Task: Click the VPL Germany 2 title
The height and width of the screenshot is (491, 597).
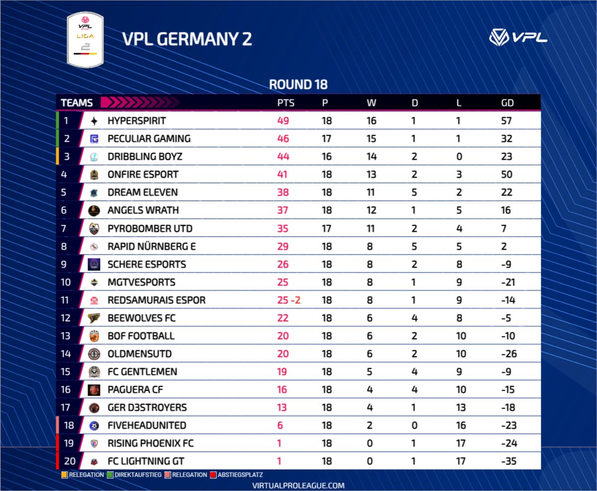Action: coord(188,39)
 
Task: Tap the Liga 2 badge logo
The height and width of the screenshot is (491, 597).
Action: coord(85,39)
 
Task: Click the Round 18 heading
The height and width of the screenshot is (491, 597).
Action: coord(298,84)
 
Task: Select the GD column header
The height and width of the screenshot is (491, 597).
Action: coord(507,103)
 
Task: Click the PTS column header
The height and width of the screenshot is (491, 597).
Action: coord(286,103)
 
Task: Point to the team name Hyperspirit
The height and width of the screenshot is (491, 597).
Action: coord(136,121)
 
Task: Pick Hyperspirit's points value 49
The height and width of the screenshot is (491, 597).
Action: coord(283,121)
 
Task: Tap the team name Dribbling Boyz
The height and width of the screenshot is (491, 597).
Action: coord(145,157)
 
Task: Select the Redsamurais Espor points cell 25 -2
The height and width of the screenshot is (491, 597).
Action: coord(289,300)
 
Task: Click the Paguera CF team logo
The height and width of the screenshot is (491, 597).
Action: coord(94,390)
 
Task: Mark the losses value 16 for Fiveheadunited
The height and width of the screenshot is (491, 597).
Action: coord(461,425)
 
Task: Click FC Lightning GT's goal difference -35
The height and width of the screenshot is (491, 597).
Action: coord(508,461)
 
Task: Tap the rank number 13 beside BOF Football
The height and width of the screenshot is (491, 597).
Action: coord(66,336)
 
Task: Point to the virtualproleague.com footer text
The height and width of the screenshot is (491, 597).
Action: coord(298,486)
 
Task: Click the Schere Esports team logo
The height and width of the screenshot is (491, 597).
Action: coord(94,264)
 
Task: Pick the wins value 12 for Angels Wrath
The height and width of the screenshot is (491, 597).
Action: coord(371,210)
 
